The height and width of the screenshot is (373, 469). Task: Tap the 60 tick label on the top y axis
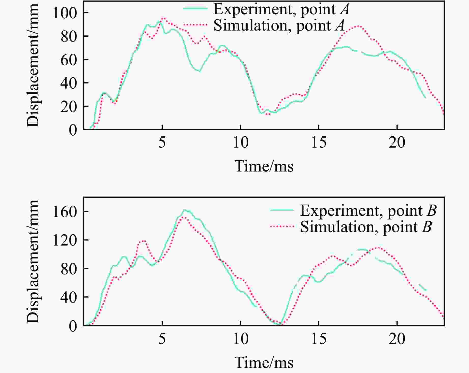click(x=69, y=60)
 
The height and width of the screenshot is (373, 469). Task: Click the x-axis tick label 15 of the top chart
click(x=319, y=142)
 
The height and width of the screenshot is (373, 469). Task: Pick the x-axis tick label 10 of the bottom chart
click(x=240, y=339)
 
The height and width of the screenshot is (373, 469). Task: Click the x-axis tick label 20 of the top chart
click(x=397, y=142)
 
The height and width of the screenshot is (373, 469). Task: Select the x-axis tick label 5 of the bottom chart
click(x=162, y=339)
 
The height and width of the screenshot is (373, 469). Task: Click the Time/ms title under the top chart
click(x=264, y=166)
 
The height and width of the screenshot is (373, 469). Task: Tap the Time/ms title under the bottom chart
click(x=264, y=362)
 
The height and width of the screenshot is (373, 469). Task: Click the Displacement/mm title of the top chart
click(x=33, y=65)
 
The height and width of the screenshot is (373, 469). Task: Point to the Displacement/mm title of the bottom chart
click(x=33, y=261)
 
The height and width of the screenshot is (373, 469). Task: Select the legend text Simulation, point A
click(x=279, y=25)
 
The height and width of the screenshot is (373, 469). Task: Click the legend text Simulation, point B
click(x=366, y=227)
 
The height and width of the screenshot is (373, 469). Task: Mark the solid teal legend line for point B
click(x=282, y=210)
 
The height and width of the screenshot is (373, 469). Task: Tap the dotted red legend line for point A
click(x=195, y=25)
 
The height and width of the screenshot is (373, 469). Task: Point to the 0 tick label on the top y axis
click(x=73, y=130)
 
